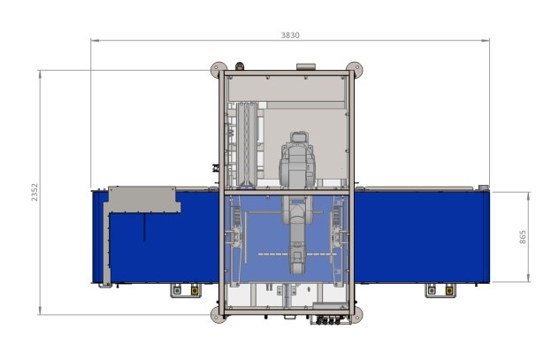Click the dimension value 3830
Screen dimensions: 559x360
click(x=290, y=34)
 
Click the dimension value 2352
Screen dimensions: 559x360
click(x=34, y=193)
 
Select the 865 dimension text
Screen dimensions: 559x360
click(x=522, y=237)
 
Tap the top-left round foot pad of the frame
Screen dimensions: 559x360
click(x=218, y=70)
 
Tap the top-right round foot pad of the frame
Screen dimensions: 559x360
click(x=355, y=70)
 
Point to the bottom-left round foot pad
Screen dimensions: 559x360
click(x=218, y=315)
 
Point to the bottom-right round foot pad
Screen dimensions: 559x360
click(x=355, y=315)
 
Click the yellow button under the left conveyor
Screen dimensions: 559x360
click(x=195, y=290)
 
